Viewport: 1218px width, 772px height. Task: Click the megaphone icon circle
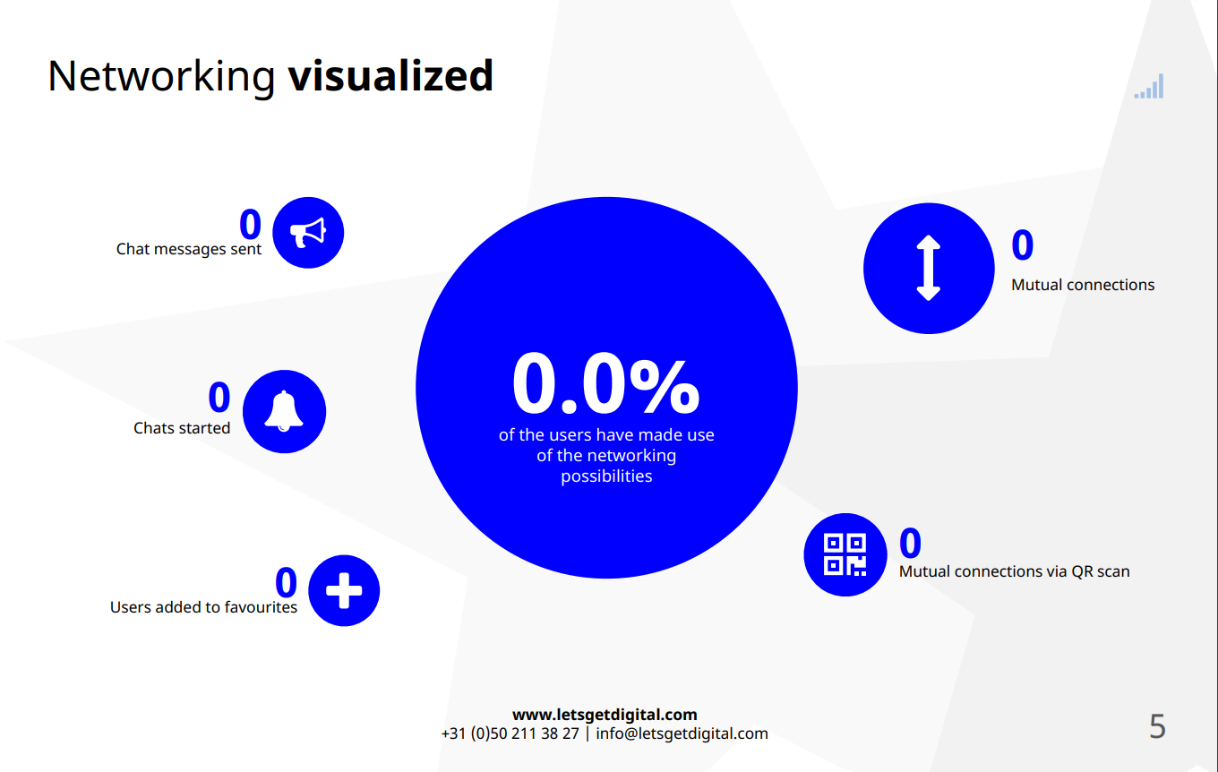click(x=308, y=233)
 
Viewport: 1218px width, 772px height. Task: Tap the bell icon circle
click(x=285, y=412)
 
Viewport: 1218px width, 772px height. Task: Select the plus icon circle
click(x=344, y=590)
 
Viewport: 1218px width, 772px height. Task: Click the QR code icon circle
click(x=845, y=554)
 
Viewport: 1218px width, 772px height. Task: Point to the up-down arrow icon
click(x=929, y=268)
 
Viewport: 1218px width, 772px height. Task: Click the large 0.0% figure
click(x=605, y=383)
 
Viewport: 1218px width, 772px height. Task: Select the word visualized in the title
click(x=390, y=75)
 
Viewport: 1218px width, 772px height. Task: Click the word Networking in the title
click(x=161, y=77)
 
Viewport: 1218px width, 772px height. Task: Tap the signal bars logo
click(x=1149, y=87)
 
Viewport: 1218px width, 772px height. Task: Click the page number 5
click(x=1158, y=726)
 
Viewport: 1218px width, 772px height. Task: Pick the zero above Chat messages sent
click(x=250, y=224)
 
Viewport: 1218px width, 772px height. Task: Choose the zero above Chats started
click(x=219, y=397)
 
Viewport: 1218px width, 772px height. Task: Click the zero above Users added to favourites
click(x=286, y=582)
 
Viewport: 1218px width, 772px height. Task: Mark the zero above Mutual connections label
click(x=1022, y=245)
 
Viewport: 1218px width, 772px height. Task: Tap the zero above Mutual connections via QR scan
click(x=910, y=543)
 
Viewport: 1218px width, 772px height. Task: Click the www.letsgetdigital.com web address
click(x=605, y=715)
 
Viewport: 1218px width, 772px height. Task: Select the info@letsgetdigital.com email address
click(x=682, y=734)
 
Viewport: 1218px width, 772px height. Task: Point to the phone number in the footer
click(x=510, y=734)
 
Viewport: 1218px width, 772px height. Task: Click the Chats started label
click(x=182, y=428)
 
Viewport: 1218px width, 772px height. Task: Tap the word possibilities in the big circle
click(x=606, y=476)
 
